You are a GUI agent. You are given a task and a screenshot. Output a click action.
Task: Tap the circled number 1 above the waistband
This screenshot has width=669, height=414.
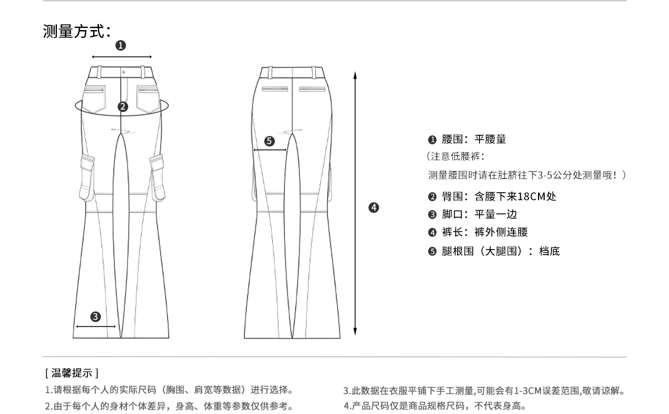(120, 46)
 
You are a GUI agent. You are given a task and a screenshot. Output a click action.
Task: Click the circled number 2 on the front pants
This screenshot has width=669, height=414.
(123, 107)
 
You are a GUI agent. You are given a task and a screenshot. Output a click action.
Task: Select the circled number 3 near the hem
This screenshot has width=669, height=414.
(95, 316)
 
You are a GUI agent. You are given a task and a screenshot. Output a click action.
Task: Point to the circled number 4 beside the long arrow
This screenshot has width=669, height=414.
(374, 208)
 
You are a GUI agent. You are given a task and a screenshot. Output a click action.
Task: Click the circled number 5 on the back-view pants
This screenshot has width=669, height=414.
(269, 141)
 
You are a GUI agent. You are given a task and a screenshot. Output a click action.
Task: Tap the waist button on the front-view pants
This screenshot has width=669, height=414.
(123, 72)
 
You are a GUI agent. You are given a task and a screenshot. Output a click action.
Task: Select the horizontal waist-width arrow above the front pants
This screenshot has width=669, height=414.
(122, 57)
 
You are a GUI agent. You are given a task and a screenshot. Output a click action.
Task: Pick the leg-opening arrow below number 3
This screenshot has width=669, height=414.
(95, 327)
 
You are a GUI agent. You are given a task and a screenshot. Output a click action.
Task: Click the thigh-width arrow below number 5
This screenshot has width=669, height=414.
(270, 150)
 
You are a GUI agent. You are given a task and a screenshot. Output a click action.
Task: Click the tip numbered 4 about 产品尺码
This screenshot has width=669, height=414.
(435, 405)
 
